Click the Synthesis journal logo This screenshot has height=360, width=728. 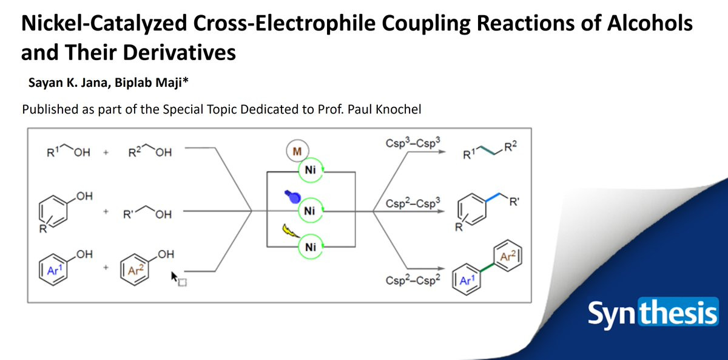point(652,314)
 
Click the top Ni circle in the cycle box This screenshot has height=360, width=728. point(311,170)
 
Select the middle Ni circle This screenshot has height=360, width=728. point(311,210)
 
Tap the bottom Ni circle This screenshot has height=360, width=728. point(311,247)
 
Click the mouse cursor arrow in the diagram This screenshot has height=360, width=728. point(177,277)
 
